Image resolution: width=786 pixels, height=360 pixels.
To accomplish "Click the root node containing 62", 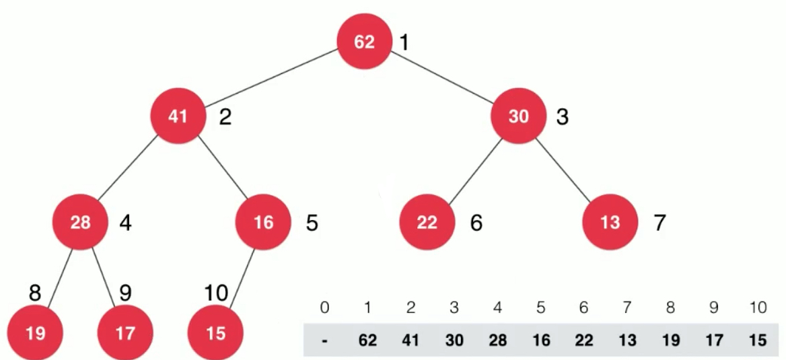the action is coord(364,42).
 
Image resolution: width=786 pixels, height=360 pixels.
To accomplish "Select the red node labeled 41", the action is coord(178,116).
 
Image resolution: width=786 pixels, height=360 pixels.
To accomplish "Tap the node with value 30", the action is coord(518,116).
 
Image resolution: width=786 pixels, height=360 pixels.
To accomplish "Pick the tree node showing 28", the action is coord(80,222).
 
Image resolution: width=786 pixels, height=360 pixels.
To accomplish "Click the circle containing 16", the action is coord(263,222).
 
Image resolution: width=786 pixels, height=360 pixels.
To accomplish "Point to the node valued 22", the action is coord(427,222).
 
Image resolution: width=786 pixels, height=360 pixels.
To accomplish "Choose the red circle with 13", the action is coord(610,222).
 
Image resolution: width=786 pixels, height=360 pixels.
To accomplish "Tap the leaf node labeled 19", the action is coord(36,333).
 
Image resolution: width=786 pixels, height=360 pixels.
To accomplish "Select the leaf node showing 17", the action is coord(124,333).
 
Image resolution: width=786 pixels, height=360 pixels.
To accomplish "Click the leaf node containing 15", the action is coord(215,333).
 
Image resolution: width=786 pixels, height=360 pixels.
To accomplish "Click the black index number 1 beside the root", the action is coord(404,42).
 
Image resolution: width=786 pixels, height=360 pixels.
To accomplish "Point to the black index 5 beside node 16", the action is coord(312,223).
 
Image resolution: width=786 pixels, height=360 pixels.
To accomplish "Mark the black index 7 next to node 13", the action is coord(660,223).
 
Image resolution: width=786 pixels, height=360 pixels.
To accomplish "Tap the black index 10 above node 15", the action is coord(216,293).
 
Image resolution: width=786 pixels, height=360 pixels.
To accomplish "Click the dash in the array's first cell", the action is coord(325,341).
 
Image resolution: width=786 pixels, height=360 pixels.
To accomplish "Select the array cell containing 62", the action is coord(367,340).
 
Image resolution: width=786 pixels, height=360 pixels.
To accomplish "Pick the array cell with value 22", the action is coord(583,340).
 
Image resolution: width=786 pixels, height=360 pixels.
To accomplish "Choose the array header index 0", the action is coord(324,308).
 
